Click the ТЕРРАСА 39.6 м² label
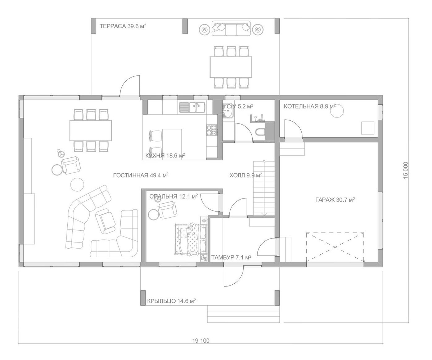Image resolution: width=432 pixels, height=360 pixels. pos(123,26)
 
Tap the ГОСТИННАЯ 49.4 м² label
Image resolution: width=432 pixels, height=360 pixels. pos(141,175)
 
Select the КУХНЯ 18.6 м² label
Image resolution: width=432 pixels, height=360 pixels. pos(165,156)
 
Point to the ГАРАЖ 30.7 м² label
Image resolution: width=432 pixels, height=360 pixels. pos(335,200)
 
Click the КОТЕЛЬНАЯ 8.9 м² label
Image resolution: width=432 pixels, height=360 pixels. pos(310,106)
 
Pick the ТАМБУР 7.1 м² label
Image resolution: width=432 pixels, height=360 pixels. pos(231,257)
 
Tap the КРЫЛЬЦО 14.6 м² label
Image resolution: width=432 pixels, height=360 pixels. pos(171,301)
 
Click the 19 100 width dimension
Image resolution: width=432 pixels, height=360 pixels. pos(201,341)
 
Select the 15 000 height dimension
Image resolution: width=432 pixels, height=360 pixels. pos(406,170)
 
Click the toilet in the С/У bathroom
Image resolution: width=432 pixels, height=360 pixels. pos(260,132)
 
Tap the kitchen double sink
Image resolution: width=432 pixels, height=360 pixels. pos(192,107)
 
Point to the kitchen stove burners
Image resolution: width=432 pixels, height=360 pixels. pos(212,130)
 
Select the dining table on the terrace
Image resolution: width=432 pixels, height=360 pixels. pos(231,67)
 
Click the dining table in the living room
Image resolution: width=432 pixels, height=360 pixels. pos(91,130)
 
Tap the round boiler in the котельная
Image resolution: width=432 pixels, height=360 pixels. pos(337,111)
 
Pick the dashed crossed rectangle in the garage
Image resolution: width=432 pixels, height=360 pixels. pos(335,247)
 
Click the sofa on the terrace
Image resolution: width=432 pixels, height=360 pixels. pos(231,28)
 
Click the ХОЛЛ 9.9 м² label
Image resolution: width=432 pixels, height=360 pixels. pos(246,175)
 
